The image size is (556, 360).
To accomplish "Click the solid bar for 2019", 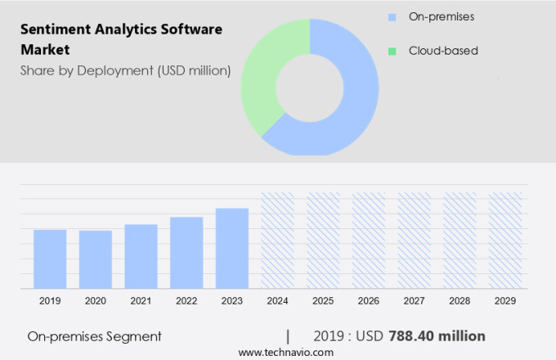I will [50, 259].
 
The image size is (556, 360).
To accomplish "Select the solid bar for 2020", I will [96, 259].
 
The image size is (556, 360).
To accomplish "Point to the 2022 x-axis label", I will [186, 301].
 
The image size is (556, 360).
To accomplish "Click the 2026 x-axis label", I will [368, 301].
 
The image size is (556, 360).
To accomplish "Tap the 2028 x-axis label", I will [460, 301].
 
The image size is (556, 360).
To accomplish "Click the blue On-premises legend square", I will [392, 17].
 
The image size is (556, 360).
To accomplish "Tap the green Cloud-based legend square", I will [392, 51].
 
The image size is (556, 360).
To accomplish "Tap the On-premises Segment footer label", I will [94, 335].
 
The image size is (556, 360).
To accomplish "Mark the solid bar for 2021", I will [141, 256].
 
